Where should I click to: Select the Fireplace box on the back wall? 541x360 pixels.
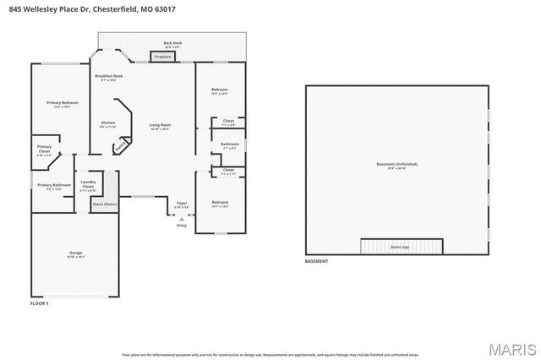click(161, 57)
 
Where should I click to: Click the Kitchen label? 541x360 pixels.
click(108, 123)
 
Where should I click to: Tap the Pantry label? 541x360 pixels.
click(121, 145)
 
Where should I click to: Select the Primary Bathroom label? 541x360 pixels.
click(54, 185)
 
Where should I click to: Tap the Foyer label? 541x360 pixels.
click(182, 204)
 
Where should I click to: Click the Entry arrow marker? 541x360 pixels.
click(181, 219)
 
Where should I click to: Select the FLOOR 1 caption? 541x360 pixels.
click(40, 303)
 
